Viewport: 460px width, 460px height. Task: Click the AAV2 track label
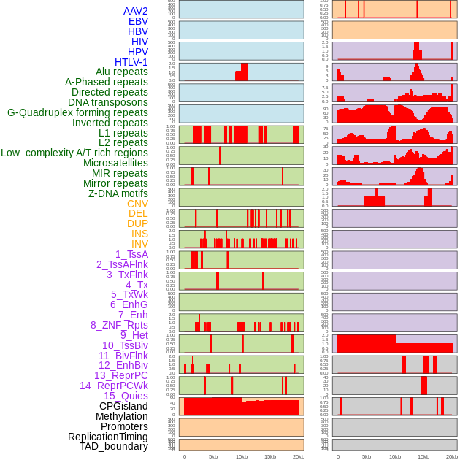[x=135, y=11]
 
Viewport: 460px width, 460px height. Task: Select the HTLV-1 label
[x=131, y=62]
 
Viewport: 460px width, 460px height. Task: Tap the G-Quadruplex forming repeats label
[x=77, y=112]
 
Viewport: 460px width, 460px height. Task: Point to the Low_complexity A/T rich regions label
[x=74, y=153]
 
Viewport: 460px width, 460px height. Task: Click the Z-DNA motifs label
[x=118, y=193]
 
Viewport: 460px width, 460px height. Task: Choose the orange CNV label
[x=137, y=204]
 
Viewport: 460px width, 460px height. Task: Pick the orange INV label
[x=139, y=244]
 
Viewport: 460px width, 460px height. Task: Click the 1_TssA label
[x=131, y=254]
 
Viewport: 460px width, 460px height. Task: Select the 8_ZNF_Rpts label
[x=119, y=325]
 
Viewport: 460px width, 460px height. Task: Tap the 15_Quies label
[x=126, y=396]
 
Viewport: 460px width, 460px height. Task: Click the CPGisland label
[x=123, y=406]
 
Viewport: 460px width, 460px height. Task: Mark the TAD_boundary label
[x=114, y=446]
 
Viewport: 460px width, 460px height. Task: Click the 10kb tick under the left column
[x=242, y=456]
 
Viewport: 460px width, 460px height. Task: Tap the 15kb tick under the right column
[x=423, y=456]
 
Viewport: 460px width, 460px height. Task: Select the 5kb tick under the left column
[x=213, y=456]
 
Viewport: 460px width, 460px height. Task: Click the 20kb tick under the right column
[x=452, y=456]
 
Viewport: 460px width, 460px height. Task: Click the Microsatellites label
[x=115, y=163]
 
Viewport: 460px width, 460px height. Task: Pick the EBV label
[x=138, y=21]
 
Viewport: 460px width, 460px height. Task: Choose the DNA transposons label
[x=108, y=102]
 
